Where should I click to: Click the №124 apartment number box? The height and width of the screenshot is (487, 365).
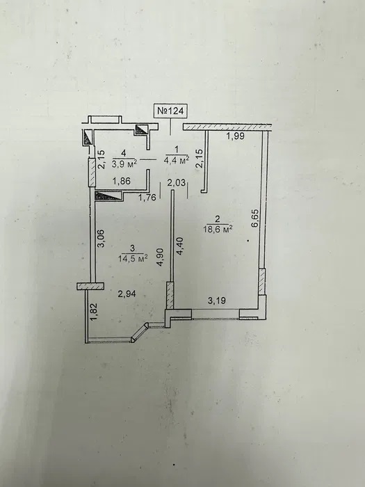171,111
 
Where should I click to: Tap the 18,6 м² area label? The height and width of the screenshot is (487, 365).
218,229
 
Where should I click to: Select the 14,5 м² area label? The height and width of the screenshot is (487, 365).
133,258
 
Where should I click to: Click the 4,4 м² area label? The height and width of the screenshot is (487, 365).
177,160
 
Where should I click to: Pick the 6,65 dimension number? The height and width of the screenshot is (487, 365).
255,219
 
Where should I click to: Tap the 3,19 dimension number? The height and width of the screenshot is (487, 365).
216,301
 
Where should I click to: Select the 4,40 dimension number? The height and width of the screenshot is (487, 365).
179,246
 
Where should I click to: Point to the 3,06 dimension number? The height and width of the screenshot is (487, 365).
101,238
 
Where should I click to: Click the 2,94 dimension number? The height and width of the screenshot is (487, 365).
127,294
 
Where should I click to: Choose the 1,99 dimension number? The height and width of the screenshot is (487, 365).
235,136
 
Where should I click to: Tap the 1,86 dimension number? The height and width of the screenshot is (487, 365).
122,181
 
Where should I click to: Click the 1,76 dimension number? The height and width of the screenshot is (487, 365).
147,198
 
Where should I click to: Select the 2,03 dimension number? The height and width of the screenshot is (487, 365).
176,183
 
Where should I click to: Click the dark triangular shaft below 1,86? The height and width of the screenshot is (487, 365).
108,195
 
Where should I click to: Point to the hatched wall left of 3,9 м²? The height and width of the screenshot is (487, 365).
92,173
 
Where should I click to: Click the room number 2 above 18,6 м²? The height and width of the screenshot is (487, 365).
217,219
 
